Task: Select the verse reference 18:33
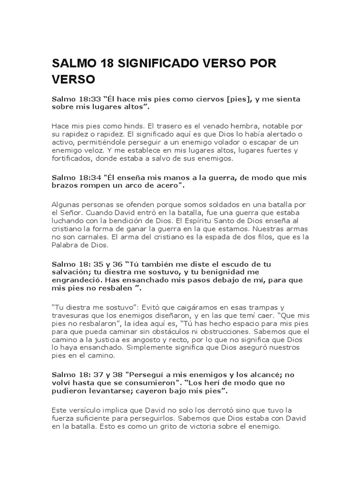coord(83,99)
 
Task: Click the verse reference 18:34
coord(83,177)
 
